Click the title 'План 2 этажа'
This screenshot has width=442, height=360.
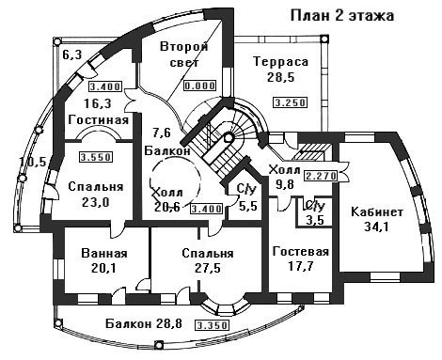tap(342, 16)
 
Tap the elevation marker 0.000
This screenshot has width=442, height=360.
tap(200, 86)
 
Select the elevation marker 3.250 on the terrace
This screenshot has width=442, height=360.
tap(290, 102)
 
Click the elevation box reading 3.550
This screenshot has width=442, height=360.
tap(96, 157)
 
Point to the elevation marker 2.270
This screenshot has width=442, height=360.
tap(321, 176)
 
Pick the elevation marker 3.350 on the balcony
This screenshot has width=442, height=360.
tap(212, 325)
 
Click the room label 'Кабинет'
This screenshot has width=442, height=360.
tap(377, 212)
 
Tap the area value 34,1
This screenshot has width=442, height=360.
tap(376, 227)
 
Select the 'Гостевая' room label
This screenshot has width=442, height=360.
tap(301, 252)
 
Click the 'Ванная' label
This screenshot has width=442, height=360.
tap(104, 253)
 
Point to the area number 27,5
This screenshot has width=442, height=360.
tap(208, 268)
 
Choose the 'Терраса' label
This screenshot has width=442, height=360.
tap(281, 61)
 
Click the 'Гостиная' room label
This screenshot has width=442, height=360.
tap(99, 119)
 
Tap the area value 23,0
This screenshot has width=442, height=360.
tap(96, 202)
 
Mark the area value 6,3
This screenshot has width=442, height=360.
tap(72, 55)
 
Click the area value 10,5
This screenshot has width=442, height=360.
tap(33, 162)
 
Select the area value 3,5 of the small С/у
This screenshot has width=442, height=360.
tap(315, 220)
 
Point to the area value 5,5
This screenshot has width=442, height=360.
tap(248, 206)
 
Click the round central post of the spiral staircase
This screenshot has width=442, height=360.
tap(229, 138)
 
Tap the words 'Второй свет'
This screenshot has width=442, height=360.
tap(184, 55)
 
